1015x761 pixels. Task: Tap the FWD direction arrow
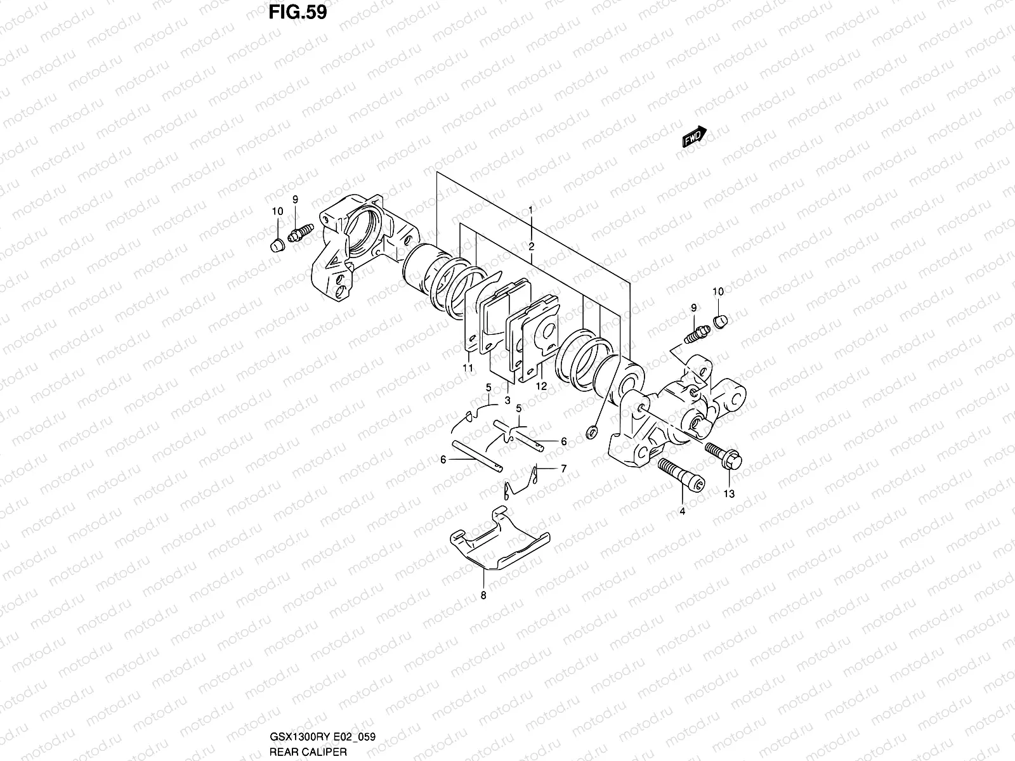coord(695,136)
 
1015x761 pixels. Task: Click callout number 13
coord(729,494)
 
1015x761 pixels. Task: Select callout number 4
coord(682,511)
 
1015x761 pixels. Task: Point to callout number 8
coord(483,595)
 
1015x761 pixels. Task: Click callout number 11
coord(468,368)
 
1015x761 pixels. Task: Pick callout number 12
coord(541,386)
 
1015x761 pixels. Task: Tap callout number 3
coord(507,401)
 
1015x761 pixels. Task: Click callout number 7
coord(563,469)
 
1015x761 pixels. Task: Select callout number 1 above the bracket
coord(531,209)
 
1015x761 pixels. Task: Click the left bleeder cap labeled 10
coord(275,245)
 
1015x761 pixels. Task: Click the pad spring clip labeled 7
coord(523,485)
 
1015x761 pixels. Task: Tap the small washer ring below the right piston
coord(591,433)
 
